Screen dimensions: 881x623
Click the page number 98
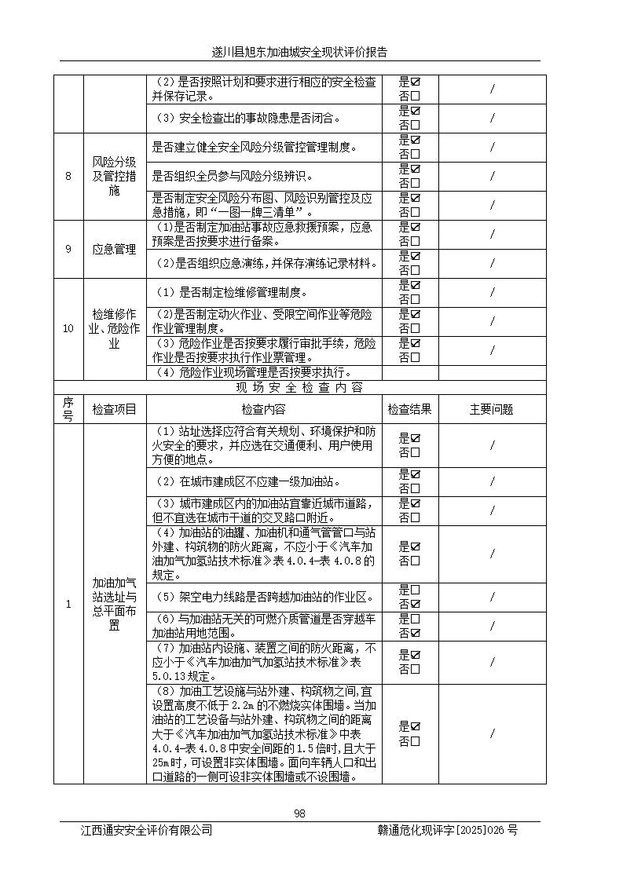coord(299,813)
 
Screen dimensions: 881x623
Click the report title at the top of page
coord(299,53)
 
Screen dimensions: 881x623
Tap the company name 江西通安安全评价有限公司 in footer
coord(146,830)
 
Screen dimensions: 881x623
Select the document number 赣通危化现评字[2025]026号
coord(447,830)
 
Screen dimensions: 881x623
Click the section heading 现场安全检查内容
coord(299,388)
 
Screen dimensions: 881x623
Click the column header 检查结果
coord(409,409)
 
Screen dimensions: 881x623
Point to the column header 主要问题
coord(492,409)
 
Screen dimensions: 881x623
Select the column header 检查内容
coord(263,409)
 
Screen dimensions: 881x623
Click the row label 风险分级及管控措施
coord(114,176)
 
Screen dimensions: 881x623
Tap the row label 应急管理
coord(114,249)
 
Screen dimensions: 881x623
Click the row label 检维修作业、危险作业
coord(114,328)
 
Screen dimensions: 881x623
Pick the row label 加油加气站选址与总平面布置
coord(114,604)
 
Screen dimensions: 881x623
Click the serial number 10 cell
coord(68,328)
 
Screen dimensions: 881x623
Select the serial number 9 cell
coord(68,249)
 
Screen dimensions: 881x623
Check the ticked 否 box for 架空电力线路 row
coord(415,604)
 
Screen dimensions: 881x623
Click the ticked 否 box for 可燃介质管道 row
coord(415,633)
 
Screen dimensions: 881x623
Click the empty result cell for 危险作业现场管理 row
coord(409,372)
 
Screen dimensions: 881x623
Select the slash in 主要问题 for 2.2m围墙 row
coord(492,733)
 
